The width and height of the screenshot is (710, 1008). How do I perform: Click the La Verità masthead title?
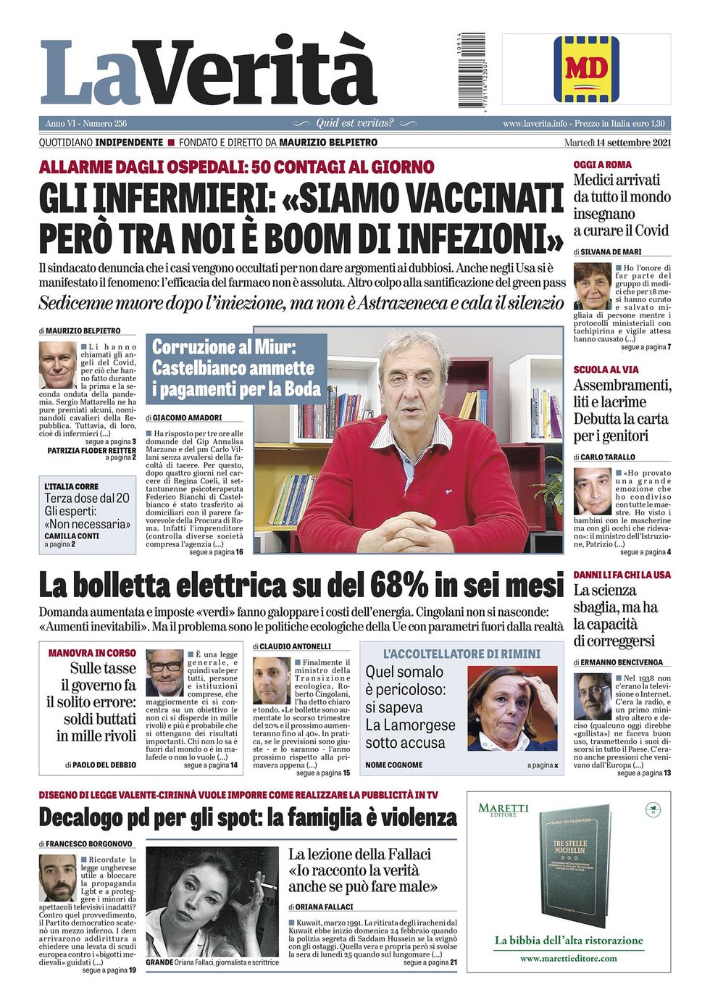coord(209,72)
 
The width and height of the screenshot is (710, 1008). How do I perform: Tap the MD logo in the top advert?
coord(586,70)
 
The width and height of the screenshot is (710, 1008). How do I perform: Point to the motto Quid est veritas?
coord(355,123)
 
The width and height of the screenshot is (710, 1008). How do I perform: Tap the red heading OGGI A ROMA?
coord(602,165)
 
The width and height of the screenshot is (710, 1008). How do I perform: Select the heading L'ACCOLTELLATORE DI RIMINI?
coord(461,654)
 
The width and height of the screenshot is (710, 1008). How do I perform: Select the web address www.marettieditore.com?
coord(568,958)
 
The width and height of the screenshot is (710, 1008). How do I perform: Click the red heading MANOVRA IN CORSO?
coord(92,653)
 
